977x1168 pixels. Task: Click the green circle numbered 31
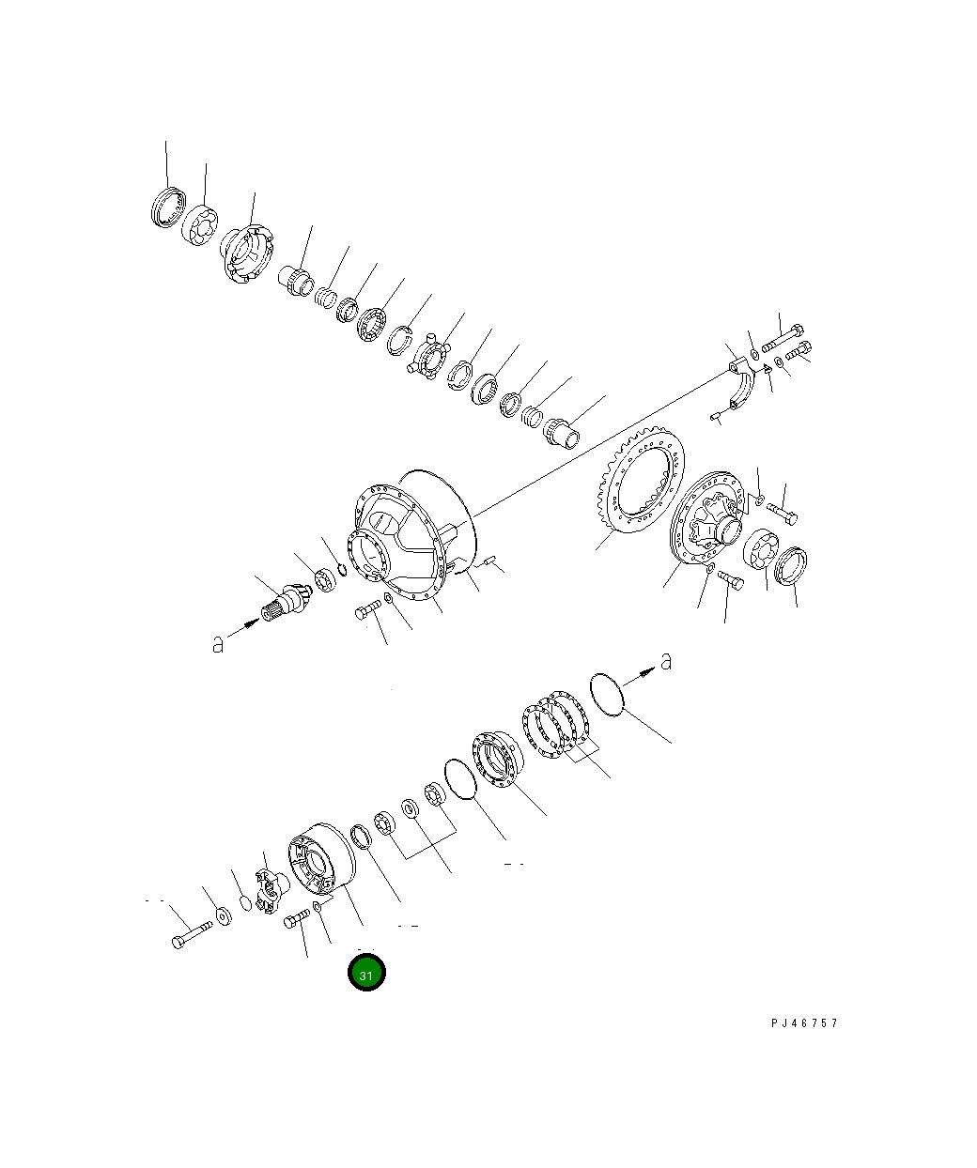(x=366, y=974)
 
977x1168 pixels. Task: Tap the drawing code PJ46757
(x=804, y=1022)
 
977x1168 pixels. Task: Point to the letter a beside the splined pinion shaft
(x=218, y=644)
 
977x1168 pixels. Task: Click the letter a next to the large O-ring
(x=666, y=661)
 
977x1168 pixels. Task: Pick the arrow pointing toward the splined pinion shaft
(x=242, y=626)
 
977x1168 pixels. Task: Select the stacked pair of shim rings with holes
(x=554, y=723)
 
